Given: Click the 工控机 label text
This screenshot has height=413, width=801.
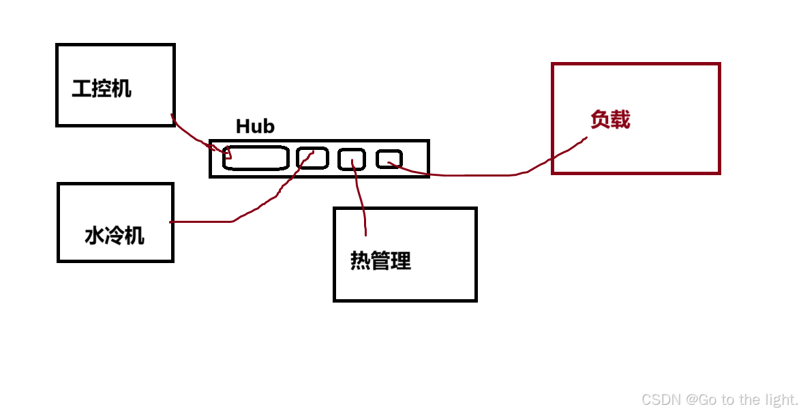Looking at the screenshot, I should tap(102, 88).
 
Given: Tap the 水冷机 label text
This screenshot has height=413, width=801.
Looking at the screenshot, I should tap(115, 236).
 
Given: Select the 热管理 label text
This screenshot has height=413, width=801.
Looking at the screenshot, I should tap(380, 260).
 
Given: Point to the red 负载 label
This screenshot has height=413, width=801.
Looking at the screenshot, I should tap(610, 120).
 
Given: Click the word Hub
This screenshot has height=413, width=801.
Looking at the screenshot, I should tap(255, 126).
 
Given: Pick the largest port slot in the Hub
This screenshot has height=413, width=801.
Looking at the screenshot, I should tap(256, 158).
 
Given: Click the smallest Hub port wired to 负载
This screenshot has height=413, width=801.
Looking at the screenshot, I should tap(389, 159).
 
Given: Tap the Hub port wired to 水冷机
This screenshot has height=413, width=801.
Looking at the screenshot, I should tap(312, 158).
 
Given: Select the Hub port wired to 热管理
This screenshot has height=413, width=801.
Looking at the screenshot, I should tap(351, 159).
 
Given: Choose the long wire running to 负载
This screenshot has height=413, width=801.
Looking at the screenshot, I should tap(477, 175).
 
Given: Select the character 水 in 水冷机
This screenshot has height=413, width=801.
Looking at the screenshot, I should tap(94, 236).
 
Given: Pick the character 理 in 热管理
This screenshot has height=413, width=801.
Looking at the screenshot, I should tap(401, 260).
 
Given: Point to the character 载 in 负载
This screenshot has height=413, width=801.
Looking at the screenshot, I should tap(620, 120).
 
